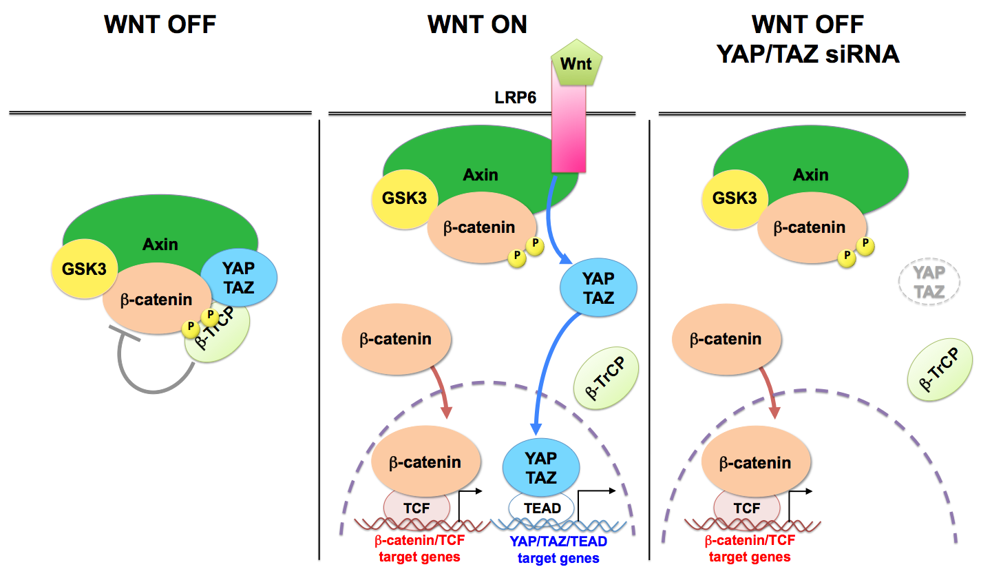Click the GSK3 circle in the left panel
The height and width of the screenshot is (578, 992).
[x=83, y=269]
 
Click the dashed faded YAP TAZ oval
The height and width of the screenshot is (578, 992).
[x=929, y=283]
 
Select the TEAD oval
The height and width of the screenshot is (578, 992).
[x=542, y=508]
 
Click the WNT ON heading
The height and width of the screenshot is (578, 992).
[x=477, y=25]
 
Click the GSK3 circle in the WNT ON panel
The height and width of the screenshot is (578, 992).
[x=405, y=198]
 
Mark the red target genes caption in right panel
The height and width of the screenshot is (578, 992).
[x=749, y=550]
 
